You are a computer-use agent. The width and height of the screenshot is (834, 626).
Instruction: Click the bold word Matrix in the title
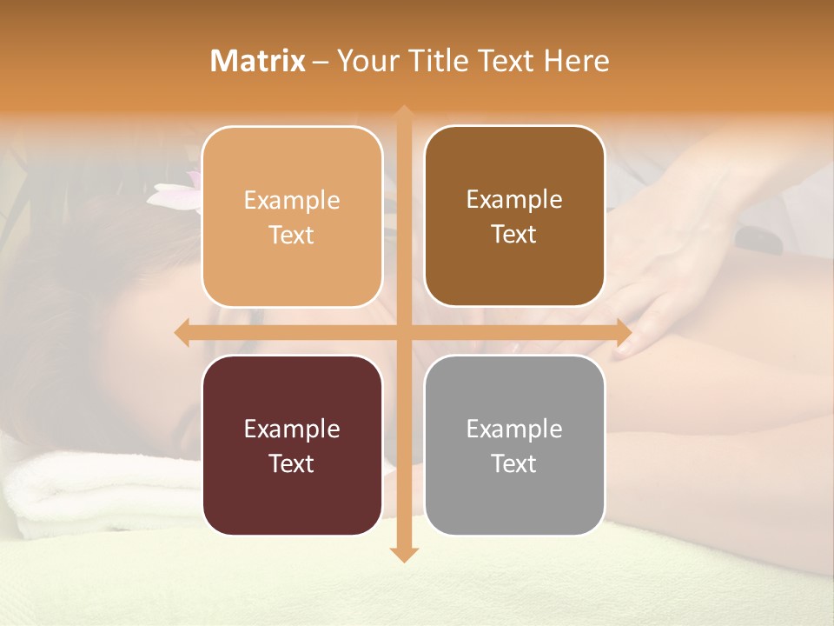258,61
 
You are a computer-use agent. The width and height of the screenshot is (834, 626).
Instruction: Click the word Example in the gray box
514,429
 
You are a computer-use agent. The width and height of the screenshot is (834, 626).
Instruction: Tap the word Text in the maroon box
291,463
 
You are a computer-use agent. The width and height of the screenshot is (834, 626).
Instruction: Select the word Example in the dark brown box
514,199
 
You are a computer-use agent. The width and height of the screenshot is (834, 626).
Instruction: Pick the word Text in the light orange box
291,235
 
